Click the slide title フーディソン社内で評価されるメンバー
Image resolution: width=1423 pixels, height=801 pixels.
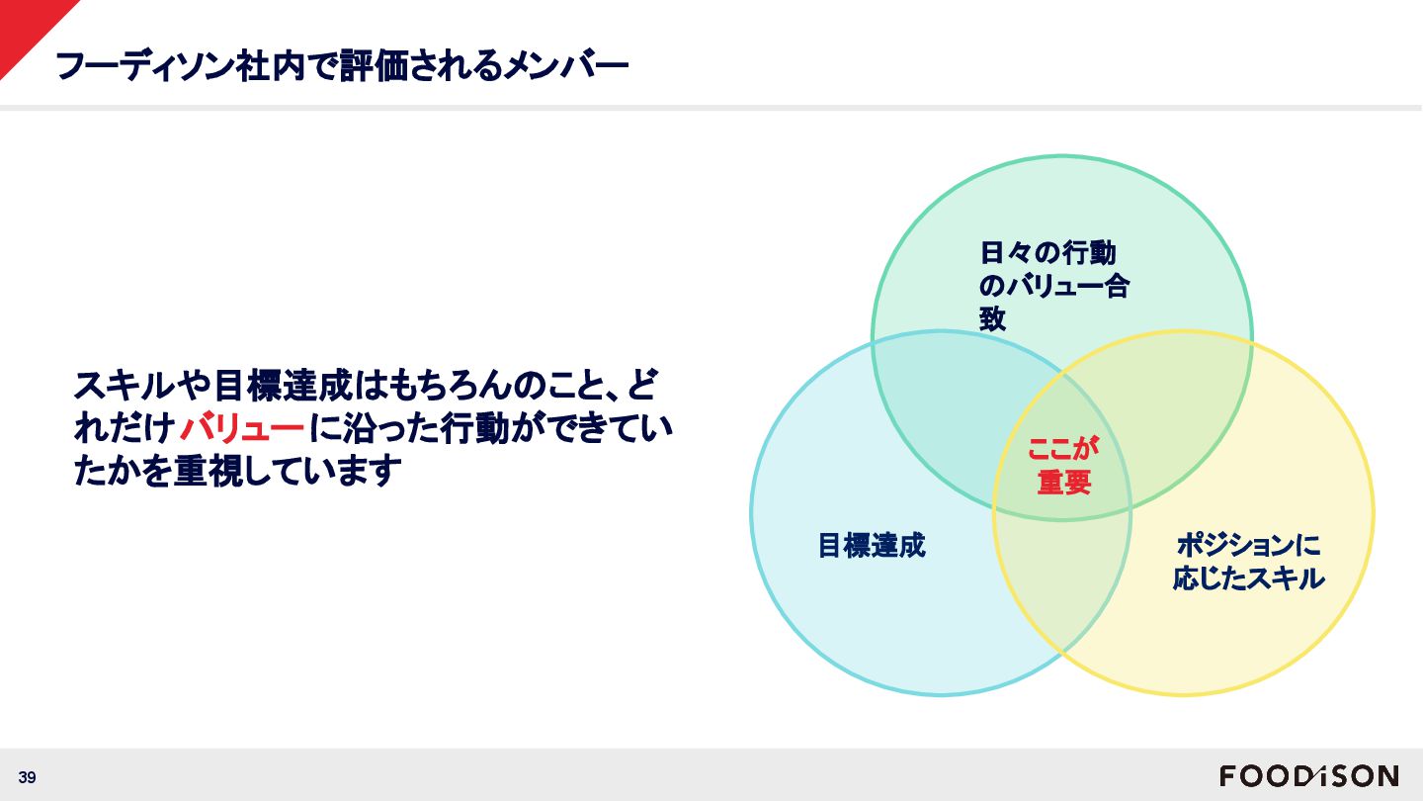click(342, 66)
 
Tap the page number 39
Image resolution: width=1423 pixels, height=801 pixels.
click(27, 778)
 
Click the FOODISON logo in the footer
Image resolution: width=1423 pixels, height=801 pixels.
click(1308, 776)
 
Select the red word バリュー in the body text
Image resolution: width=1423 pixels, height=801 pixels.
click(242, 430)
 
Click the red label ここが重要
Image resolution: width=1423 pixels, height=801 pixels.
click(1063, 465)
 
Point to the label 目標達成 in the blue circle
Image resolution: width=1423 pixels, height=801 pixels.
click(871, 545)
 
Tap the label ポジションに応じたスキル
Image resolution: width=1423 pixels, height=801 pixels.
click(1248, 562)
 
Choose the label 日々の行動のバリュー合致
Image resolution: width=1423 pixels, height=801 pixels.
click(1053, 286)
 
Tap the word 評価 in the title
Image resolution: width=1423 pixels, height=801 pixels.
click(367, 66)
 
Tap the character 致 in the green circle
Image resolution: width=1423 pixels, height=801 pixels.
click(992, 318)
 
